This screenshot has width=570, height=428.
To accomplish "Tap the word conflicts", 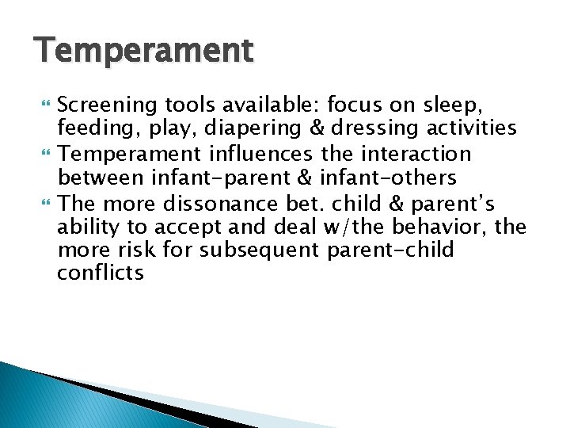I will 101,274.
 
